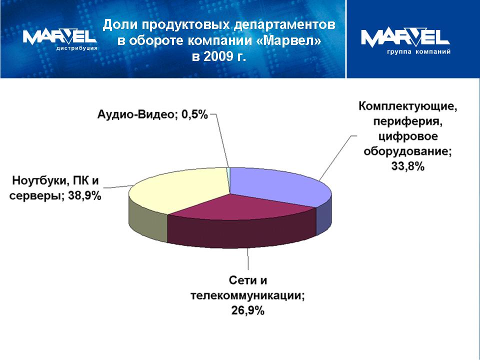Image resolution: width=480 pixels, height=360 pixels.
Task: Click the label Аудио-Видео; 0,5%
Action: pyautogui.click(x=152, y=115)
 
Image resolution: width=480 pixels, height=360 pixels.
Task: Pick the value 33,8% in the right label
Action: pyautogui.click(x=408, y=166)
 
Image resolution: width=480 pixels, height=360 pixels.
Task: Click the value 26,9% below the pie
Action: pyautogui.click(x=247, y=310)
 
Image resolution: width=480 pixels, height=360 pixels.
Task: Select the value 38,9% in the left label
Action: pyautogui.click(x=84, y=195)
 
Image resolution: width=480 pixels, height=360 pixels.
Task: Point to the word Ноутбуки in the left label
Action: pyautogui.click(x=38, y=180)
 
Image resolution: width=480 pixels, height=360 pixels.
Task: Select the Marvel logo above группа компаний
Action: pyautogui.click(x=405, y=38)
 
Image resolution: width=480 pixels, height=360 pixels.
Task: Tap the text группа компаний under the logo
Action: pyautogui.click(x=419, y=51)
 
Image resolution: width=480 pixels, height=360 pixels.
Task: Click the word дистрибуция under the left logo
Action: pyautogui.click(x=77, y=48)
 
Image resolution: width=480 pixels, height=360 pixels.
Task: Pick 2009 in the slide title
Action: pyautogui.click(x=214, y=56)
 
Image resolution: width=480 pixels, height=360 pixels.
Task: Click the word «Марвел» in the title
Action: pyautogui.click(x=288, y=40)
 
